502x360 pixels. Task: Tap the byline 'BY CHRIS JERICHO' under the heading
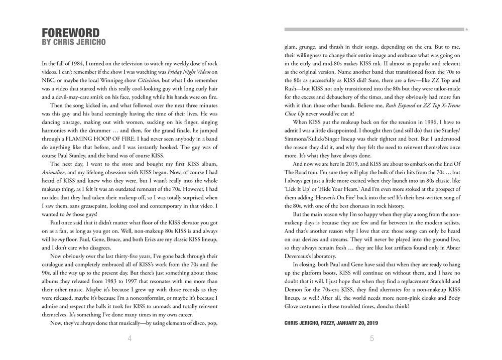pos(74,42)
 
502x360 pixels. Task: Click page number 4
pos(130,338)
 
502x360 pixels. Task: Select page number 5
pos(372,338)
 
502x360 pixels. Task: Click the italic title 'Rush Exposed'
pos(400,105)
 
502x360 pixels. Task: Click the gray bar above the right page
pos(373,30)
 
